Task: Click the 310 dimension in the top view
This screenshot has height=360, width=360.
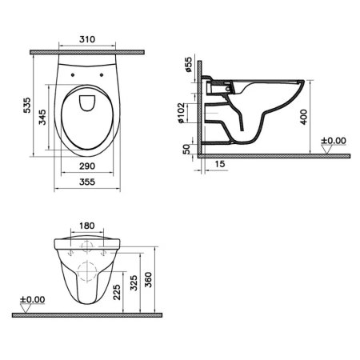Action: click(90, 38)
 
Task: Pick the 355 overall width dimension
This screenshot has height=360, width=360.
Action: click(90, 182)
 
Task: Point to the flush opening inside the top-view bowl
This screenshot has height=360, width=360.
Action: click(90, 101)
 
